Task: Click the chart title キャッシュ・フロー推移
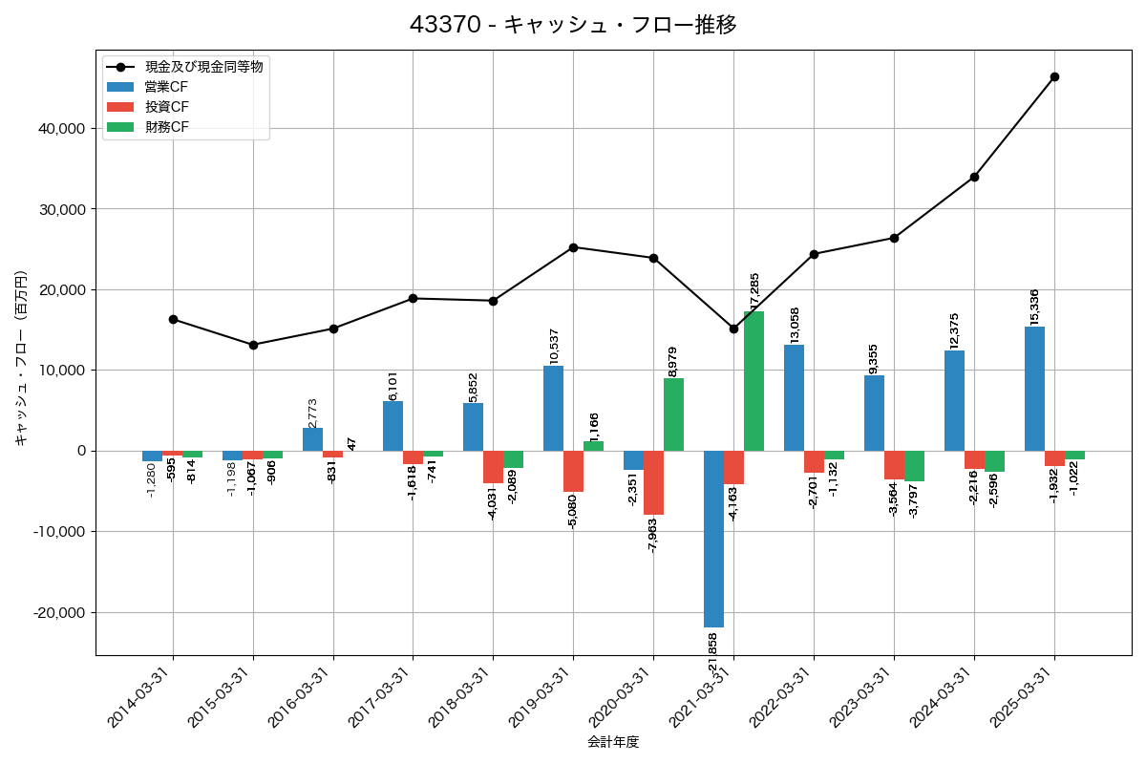(573, 25)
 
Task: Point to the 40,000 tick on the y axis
(59, 129)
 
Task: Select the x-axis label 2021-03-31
(702, 702)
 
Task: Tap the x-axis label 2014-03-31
(141, 702)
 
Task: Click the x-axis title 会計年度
(612, 742)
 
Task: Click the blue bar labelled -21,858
(713, 539)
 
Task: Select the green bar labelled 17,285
(753, 381)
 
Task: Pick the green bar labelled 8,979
(673, 414)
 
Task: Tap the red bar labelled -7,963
(653, 482)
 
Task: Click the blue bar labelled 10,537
(553, 408)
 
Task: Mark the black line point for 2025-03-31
(1054, 76)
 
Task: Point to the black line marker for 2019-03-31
(573, 247)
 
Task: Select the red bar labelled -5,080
(573, 471)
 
